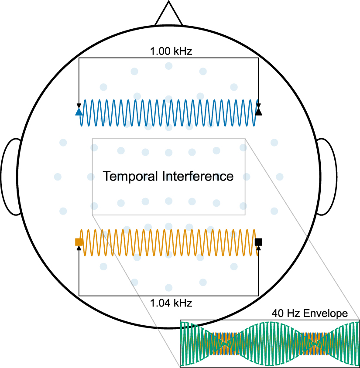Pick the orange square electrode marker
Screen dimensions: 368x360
pyautogui.click(x=79, y=242)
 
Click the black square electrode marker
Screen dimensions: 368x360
pyautogui.click(x=259, y=242)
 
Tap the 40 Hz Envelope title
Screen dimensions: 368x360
pyautogui.click(x=309, y=313)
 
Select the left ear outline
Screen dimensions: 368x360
pyautogui.click(x=12, y=177)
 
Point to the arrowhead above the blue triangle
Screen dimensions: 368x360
pyautogui.click(x=79, y=106)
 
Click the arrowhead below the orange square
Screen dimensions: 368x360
pyautogui.click(x=79, y=248)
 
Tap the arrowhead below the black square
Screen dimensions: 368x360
pyautogui.click(x=258, y=248)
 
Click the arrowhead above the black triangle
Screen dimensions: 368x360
pyautogui.click(x=258, y=106)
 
